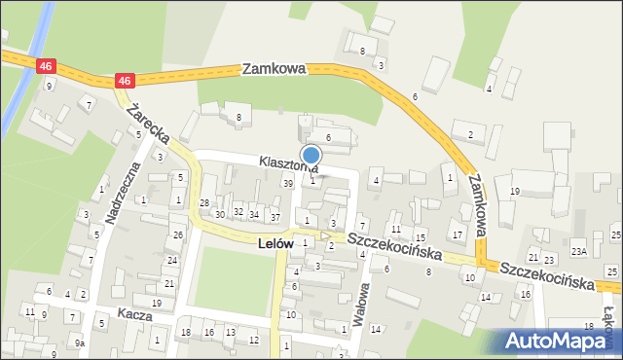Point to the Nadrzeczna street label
click(123, 195)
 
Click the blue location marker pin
click(311, 156)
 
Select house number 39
click(287, 183)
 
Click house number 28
click(204, 202)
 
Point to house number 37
click(275, 216)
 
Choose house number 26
click(177, 234)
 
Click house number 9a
click(80, 343)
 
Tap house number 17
click(457, 235)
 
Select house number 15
click(420, 237)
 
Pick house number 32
click(238, 212)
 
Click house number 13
click(230, 333)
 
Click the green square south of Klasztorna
click(233, 282)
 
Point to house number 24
click(171, 260)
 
